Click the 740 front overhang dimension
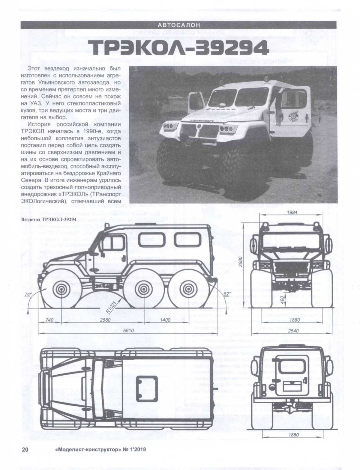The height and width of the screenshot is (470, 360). pos(49,320)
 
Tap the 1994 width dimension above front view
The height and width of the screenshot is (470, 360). pos(292,212)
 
